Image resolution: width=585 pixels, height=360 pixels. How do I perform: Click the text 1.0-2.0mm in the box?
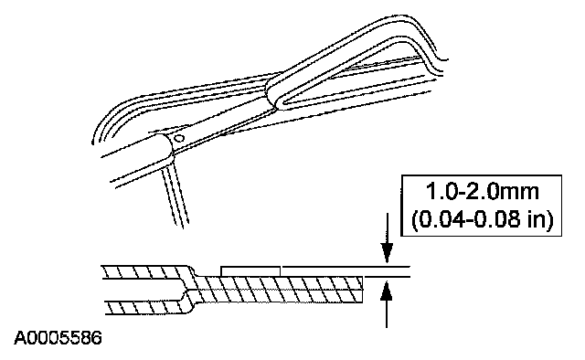coord(482,191)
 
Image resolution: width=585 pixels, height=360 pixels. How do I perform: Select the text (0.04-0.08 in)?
coord(482,219)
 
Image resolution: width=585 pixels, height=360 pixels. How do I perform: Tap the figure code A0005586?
coord(58,338)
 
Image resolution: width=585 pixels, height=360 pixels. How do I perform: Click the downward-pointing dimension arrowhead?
coord(387,253)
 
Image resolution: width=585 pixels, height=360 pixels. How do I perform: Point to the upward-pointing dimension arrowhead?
coord(387,290)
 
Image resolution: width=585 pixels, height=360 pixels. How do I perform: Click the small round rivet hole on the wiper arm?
coord(179,138)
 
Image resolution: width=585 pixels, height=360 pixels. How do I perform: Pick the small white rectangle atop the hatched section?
coord(250,271)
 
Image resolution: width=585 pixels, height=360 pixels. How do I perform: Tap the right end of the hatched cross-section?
coord(363,290)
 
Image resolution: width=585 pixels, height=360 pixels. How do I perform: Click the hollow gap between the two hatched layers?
coord(144,290)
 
